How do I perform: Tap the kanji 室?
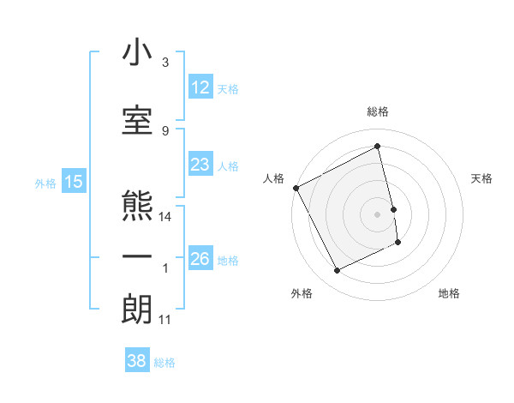pyautogui.click(x=137, y=119)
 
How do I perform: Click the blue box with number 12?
pyautogui.click(x=200, y=87)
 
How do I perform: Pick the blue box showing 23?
pyautogui.click(x=200, y=165)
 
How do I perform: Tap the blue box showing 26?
pyautogui.click(x=200, y=259)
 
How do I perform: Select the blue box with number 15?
pyautogui.click(x=73, y=182)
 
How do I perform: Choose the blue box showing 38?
pyautogui.click(x=137, y=361)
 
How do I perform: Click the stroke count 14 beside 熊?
pyautogui.click(x=166, y=217)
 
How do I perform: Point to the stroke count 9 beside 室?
pyautogui.click(x=165, y=130)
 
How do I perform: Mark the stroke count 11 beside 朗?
pyautogui.click(x=165, y=320)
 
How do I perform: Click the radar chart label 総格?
pyautogui.click(x=378, y=111)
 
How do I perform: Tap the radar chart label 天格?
pyautogui.click(x=482, y=178)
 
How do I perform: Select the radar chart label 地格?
pyautogui.click(x=449, y=293)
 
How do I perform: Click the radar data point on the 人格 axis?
pyautogui.click(x=296, y=188)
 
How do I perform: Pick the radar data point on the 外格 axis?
pyautogui.click(x=338, y=271)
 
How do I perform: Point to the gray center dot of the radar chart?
pyautogui.click(x=378, y=214)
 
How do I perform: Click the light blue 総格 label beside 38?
pyautogui.click(x=164, y=363)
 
